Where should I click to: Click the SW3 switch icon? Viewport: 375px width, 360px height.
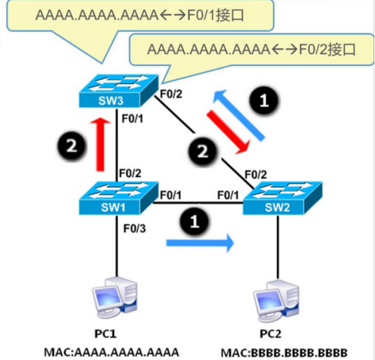point(119,91)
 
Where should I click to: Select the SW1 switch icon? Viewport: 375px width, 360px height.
point(119,198)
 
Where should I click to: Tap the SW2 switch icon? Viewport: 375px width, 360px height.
point(283,198)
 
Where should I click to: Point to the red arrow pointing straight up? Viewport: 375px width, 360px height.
point(100,144)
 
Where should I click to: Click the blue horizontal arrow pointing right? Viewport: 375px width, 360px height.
point(200,243)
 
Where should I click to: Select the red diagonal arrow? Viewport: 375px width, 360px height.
point(229,132)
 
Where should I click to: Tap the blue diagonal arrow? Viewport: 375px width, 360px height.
point(239,115)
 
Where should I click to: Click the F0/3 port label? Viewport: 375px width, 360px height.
point(134,228)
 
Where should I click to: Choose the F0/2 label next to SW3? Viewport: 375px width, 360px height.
point(171,94)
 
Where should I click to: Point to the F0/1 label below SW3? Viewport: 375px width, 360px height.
point(133,119)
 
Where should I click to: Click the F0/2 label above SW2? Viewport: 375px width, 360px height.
point(256,175)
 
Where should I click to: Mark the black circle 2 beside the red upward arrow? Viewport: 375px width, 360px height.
point(71,146)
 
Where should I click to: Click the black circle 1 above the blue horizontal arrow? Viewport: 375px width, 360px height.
point(194,221)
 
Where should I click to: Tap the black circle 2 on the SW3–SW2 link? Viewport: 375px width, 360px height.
point(202,151)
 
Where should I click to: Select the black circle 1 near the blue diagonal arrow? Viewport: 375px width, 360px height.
point(264,100)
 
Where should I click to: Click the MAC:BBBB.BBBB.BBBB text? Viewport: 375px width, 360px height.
point(284,353)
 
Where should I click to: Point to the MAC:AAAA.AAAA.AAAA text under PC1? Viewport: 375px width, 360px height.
point(111,352)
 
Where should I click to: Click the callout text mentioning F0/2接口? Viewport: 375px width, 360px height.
point(252,49)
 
